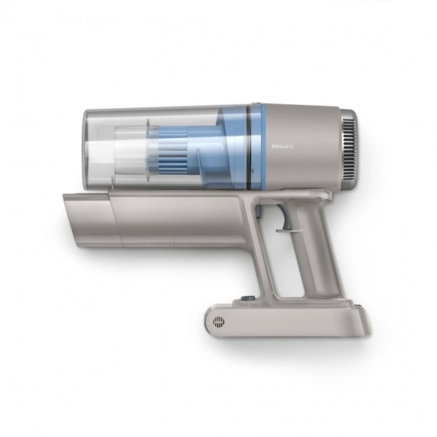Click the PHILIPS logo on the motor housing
coord(283,145)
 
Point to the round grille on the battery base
coord(217,321)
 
